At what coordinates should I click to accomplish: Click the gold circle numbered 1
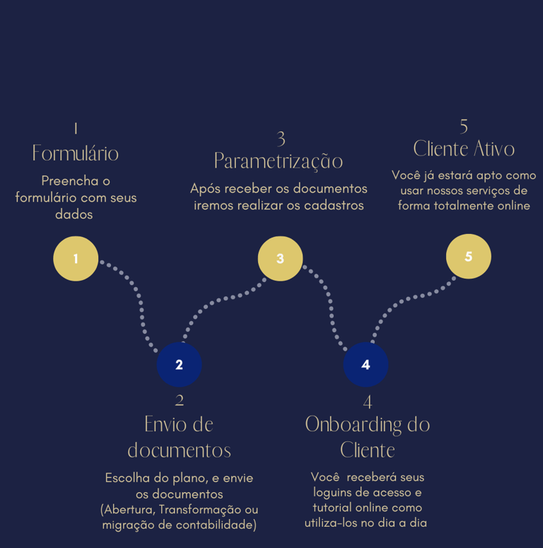[76, 259]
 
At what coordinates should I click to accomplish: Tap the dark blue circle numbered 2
[179, 365]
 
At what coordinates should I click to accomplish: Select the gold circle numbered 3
[280, 259]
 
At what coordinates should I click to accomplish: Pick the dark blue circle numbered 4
[366, 365]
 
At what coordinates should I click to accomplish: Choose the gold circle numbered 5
[468, 257]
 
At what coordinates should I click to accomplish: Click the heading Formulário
[76, 153]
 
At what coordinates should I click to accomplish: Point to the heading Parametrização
[279, 161]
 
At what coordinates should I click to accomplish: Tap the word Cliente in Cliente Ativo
[440, 149]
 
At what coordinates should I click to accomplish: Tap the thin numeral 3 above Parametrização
[281, 138]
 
